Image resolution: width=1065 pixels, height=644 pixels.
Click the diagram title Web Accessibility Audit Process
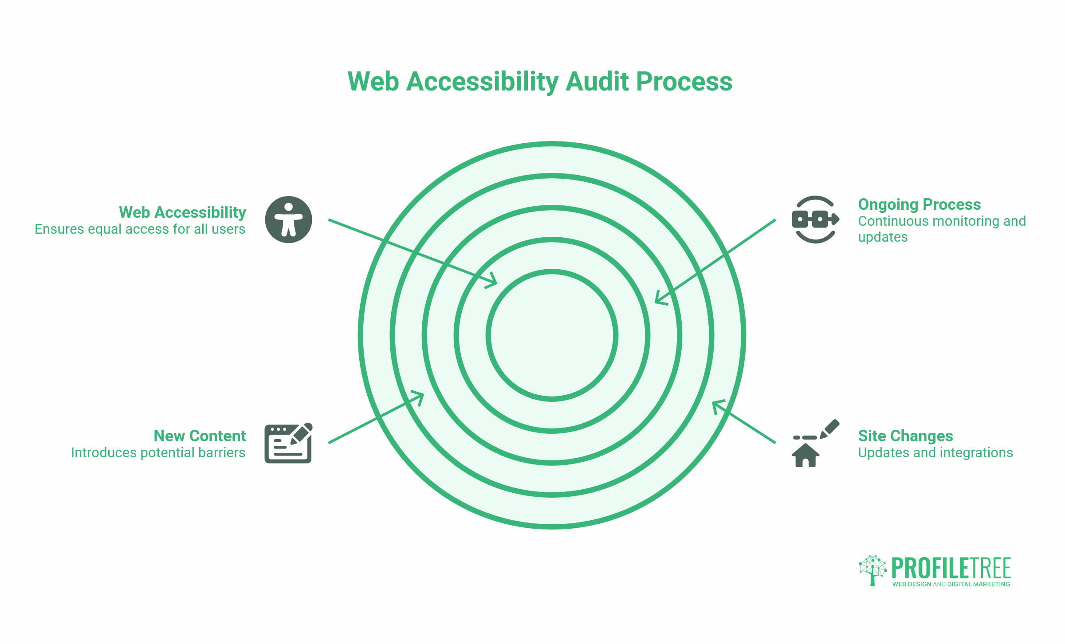540,82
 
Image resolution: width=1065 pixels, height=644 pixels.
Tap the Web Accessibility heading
182,212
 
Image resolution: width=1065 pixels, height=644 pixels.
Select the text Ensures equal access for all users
140,229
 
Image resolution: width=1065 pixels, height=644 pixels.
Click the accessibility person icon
289,220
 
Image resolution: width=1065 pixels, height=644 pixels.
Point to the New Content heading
200,436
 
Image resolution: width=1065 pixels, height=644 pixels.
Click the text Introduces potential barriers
158,453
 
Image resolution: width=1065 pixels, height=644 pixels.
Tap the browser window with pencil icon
289,443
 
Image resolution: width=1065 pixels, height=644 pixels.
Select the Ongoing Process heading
920,204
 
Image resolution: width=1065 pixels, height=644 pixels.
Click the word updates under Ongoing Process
883,237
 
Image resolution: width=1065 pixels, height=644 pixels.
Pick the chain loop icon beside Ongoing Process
815,220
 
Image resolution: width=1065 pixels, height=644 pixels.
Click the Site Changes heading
905,436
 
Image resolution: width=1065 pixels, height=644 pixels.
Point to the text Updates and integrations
935,453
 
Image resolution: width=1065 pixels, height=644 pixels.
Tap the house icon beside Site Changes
806,455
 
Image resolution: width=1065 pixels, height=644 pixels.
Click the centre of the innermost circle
552,335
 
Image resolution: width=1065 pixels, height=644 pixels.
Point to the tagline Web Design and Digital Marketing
951,584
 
